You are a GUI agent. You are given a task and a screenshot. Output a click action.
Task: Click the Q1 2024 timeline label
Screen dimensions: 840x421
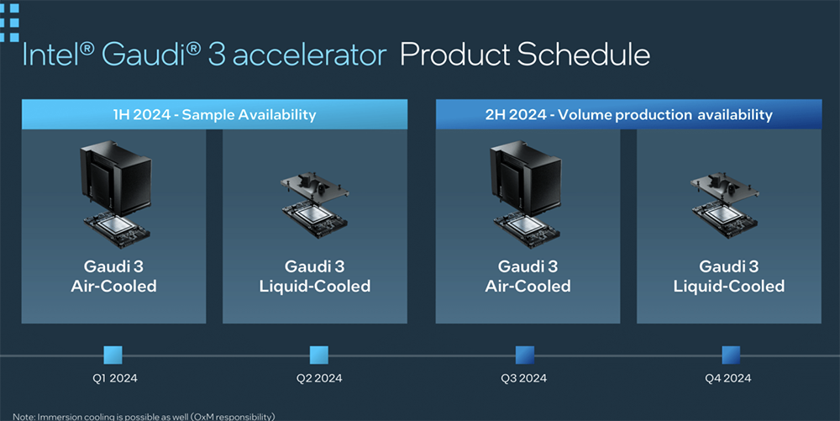pos(114,378)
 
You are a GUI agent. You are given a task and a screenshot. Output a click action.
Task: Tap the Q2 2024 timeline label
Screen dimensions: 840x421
pos(319,378)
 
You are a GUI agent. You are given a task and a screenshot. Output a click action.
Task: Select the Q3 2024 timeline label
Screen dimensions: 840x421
pos(524,378)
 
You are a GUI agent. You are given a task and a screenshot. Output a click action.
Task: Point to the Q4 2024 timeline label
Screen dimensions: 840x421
pos(728,378)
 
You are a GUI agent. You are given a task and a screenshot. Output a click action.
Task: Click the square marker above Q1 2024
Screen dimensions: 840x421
pos(113,355)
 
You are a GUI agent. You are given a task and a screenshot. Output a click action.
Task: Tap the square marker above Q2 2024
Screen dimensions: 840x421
pos(318,355)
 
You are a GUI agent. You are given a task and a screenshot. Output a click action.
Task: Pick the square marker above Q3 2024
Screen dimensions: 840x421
pos(525,355)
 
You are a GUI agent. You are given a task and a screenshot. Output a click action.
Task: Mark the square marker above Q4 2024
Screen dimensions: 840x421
pos(731,355)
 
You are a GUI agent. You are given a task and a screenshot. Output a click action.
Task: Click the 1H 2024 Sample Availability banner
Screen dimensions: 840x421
pos(214,114)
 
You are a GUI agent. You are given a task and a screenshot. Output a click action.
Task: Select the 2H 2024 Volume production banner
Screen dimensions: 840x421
pos(628,114)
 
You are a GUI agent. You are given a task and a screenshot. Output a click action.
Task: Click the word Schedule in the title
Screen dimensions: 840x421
pos(584,55)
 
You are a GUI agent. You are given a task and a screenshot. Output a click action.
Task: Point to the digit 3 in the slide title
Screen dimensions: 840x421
pos(217,55)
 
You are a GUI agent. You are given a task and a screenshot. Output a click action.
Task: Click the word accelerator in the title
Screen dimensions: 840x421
pos(309,55)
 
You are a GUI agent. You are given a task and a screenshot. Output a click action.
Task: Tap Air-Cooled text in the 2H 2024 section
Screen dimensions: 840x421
pos(528,286)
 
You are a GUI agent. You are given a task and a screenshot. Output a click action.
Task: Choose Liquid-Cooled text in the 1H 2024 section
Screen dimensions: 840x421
pos(315,286)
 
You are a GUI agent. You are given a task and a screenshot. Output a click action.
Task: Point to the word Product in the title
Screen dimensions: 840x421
pos(455,55)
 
